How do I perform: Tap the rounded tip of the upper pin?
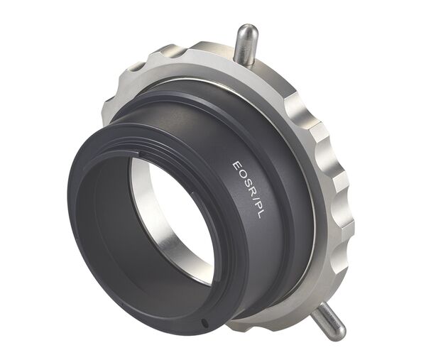click(x=246, y=30)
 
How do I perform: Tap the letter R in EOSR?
click(x=247, y=190)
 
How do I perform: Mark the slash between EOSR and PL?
click(x=251, y=197)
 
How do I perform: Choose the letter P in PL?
click(x=254, y=205)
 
